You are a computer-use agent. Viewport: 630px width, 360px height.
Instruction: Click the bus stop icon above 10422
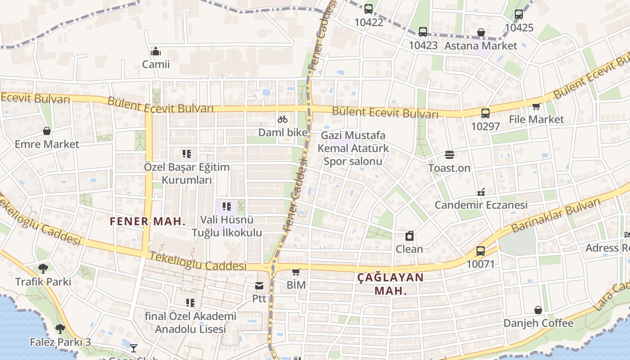(x=369, y=9)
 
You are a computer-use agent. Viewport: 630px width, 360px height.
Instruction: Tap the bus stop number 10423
(x=423, y=45)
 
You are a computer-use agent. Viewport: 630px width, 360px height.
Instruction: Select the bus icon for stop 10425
(x=519, y=14)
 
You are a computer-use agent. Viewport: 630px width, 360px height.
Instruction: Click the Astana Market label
(x=481, y=46)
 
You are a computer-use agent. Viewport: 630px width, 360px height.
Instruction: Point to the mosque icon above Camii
(x=156, y=51)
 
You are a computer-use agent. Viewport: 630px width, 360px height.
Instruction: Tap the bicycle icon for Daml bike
(x=283, y=119)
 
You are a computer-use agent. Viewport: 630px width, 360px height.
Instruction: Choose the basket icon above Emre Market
(x=47, y=131)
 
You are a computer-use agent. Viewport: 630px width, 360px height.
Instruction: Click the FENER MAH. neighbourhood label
(x=148, y=221)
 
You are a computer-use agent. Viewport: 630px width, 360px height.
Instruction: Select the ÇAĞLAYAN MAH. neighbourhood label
(x=391, y=284)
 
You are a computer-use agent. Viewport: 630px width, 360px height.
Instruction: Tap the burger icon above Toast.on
(x=449, y=155)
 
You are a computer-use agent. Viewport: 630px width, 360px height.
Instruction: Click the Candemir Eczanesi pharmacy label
(x=481, y=205)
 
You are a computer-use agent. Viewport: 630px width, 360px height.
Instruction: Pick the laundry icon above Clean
(x=409, y=236)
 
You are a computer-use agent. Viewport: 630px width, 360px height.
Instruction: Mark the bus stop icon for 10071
(x=481, y=251)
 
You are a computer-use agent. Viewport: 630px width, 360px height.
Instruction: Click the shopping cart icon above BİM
(x=296, y=272)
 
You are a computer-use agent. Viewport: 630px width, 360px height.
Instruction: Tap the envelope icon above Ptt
(x=259, y=286)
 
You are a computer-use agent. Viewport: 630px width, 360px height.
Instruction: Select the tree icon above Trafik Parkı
(x=43, y=269)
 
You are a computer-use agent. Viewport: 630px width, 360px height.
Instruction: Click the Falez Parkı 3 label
(x=60, y=342)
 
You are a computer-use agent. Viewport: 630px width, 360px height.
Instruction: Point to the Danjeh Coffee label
(x=538, y=323)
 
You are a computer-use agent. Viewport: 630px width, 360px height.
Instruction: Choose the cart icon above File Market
(x=536, y=107)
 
